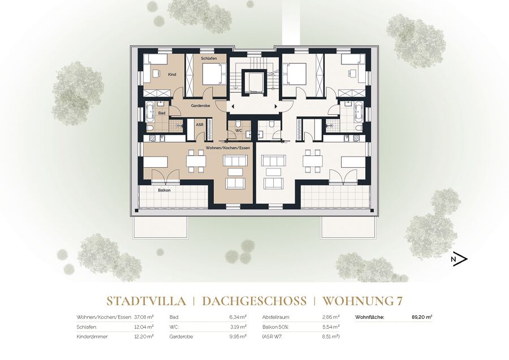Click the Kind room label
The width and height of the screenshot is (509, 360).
click(x=172, y=74)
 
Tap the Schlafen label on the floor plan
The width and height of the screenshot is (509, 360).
click(x=209, y=58)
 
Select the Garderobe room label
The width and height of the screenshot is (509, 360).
click(x=200, y=106)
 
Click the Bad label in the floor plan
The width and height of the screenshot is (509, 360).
click(x=162, y=113)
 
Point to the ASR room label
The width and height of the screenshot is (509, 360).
click(x=199, y=124)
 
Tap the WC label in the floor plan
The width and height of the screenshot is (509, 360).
click(x=239, y=131)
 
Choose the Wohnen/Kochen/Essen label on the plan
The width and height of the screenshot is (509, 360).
click(x=227, y=148)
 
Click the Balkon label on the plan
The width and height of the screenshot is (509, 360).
click(x=164, y=190)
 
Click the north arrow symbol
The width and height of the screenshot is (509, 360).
click(x=459, y=259)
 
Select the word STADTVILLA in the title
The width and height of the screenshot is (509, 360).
click(x=146, y=301)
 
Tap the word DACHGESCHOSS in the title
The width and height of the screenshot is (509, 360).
click(x=254, y=301)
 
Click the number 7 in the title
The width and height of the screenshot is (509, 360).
click(x=399, y=301)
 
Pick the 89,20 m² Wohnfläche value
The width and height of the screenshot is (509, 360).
click(x=422, y=317)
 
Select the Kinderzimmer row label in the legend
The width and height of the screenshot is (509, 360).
click(x=92, y=337)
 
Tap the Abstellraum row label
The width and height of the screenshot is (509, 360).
click(x=276, y=317)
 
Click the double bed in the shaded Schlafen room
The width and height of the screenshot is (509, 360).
click(x=214, y=73)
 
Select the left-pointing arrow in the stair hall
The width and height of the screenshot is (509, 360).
click(x=232, y=106)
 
